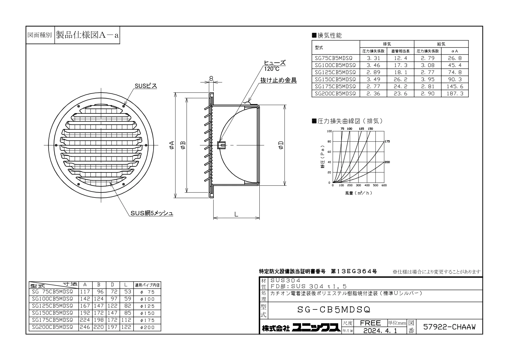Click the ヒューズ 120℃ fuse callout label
point(274,66)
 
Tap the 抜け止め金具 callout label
point(278,80)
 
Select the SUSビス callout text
point(146,86)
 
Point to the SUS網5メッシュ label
point(152,213)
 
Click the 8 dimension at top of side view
point(211,78)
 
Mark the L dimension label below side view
point(236,214)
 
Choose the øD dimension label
point(281,145)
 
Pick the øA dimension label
point(172,145)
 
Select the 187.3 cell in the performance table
point(455,93)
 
